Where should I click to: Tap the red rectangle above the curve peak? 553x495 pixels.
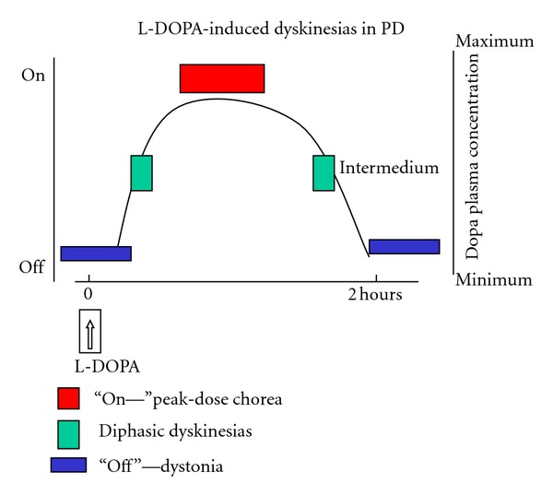[x=222, y=78]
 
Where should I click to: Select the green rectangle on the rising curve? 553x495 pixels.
[x=141, y=173]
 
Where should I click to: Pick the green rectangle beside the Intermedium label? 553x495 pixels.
[x=324, y=173]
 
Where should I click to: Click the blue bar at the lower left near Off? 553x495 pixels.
[x=96, y=253]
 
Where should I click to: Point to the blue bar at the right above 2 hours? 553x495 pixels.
[x=404, y=246]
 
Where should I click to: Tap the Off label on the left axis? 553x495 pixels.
[x=32, y=267]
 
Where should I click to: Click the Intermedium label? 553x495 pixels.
[x=376, y=170]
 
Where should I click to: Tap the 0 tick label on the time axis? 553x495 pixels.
[x=88, y=295]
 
